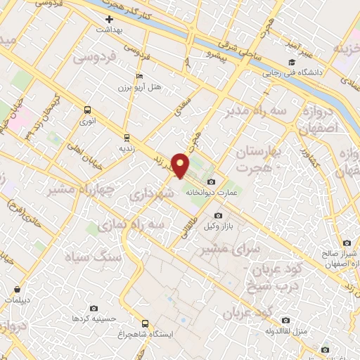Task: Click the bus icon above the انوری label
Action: pos(88,110)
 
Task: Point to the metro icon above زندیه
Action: pos(127,137)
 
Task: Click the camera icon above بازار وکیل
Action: pos(218,216)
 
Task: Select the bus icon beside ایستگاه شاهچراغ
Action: pos(145,323)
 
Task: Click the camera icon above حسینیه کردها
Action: pos(94,308)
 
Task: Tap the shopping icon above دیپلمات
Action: pos(17,289)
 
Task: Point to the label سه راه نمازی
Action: pos(134,224)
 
